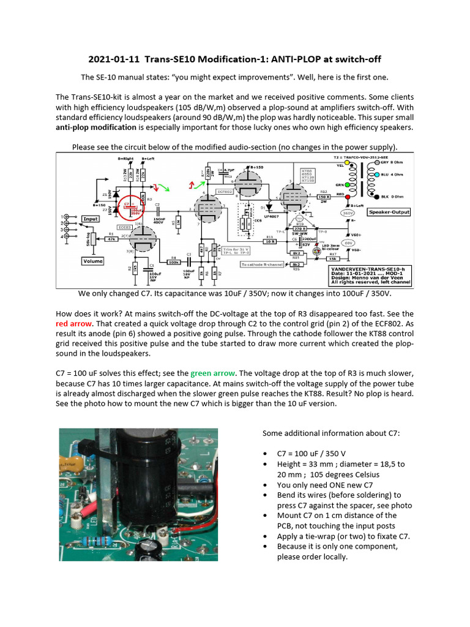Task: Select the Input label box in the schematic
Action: coord(91,218)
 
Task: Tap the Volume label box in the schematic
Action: coord(92,261)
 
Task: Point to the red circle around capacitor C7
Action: coord(130,208)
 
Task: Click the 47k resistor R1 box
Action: coord(113,239)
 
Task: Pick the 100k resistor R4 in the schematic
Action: coord(174,261)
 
